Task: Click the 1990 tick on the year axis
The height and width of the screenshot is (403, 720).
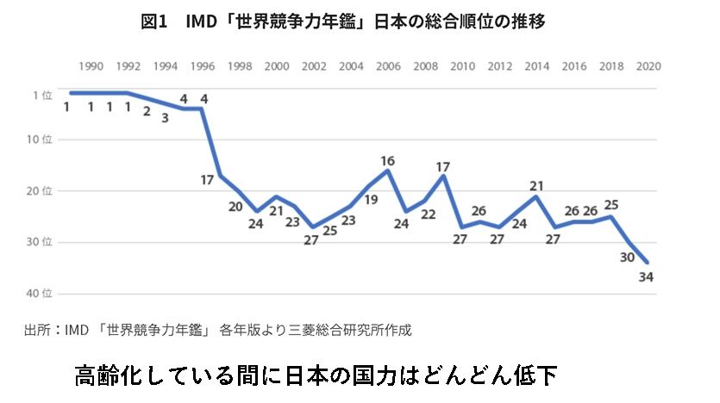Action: click(x=91, y=66)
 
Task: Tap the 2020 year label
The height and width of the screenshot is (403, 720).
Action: click(x=648, y=66)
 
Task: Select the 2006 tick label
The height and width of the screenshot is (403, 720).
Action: click(x=388, y=66)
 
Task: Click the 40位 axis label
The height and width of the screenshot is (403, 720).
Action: click(x=41, y=294)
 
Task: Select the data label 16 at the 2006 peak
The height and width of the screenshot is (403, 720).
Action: click(x=388, y=160)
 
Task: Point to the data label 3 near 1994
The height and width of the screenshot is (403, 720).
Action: click(x=165, y=117)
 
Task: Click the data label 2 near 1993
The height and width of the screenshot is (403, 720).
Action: click(x=147, y=111)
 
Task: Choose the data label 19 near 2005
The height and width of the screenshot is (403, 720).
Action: click(x=372, y=200)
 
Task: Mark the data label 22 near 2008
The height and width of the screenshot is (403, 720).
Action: click(x=428, y=214)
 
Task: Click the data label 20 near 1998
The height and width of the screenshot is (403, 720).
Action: click(x=235, y=207)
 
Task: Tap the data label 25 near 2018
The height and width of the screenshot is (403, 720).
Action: click(x=611, y=205)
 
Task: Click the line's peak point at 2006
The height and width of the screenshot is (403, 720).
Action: click(x=388, y=170)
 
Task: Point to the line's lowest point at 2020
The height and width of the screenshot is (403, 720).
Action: click(x=648, y=263)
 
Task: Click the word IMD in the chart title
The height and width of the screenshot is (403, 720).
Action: click(x=202, y=22)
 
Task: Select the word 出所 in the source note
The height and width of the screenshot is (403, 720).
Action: click(x=37, y=329)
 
